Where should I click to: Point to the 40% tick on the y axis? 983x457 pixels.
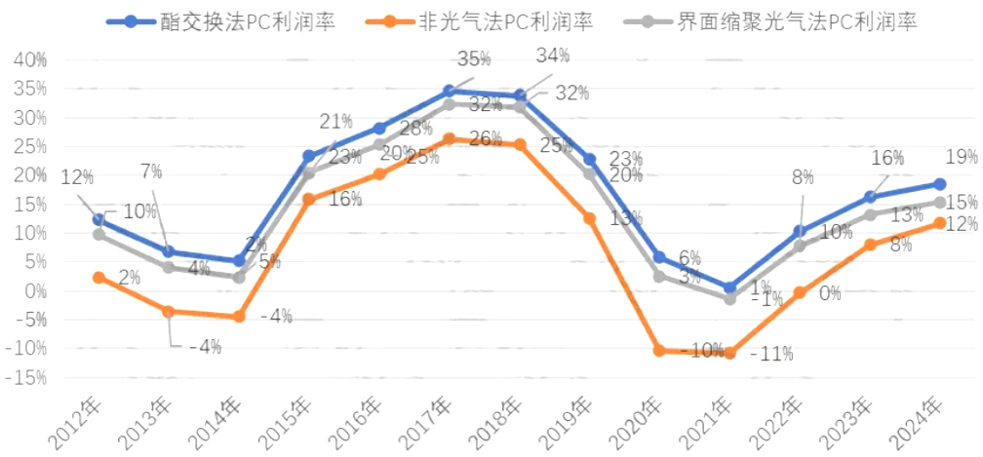28,60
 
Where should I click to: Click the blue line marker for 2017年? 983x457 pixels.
450,91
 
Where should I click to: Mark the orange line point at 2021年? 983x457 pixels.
729,353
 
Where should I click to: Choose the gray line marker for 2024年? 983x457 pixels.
939,203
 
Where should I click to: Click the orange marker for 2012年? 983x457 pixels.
98,278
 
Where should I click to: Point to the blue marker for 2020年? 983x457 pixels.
659,257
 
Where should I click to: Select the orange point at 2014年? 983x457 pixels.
239,317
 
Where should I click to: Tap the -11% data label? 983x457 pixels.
772,354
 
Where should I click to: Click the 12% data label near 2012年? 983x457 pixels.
77,177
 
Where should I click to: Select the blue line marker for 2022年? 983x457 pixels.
800,232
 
